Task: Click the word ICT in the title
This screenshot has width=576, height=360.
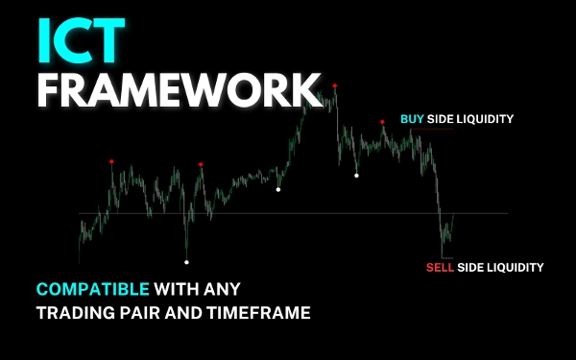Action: [x=82, y=41]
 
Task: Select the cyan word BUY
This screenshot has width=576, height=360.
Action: [x=412, y=119]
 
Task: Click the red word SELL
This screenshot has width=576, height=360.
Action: [x=440, y=267]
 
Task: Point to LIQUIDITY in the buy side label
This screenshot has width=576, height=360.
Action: [x=485, y=119]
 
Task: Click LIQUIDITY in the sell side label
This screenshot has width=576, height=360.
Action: [x=515, y=267]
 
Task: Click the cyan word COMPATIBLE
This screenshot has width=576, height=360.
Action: [x=91, y=288]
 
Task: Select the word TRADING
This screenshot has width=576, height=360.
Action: [x=71, y=311]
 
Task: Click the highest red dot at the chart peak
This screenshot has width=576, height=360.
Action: [x=335, y=85]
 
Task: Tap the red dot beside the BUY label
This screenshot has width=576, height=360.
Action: [x=382, y=121]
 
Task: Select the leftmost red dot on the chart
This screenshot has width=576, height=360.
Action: [x=111, y=161]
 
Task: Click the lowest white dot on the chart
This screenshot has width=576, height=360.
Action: [x=186, y=261]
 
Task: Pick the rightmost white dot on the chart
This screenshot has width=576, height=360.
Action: [x=357, y=175]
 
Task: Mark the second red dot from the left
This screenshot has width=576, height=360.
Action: [x=201, y=164]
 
